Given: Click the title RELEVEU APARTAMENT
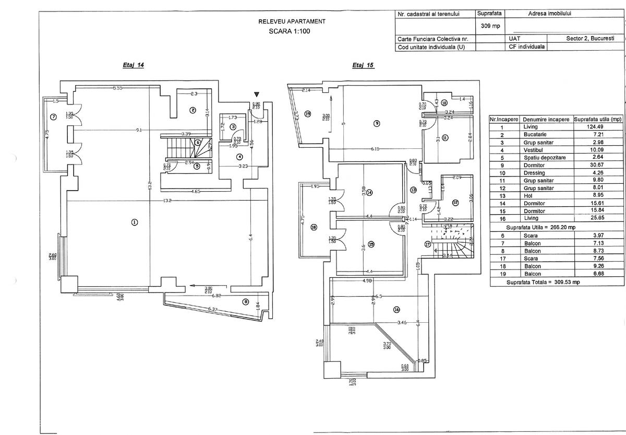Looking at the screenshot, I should coord(292,21).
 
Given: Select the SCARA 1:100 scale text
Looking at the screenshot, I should coord(292,31).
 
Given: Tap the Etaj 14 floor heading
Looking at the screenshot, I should coord(133,66).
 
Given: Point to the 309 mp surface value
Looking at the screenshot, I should coord(489,25).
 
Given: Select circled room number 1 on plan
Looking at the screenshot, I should coord(135,222).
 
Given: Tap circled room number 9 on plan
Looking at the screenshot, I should coord(376,123).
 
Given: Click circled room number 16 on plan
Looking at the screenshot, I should coord(397,310).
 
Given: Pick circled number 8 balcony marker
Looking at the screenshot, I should coord(245,301).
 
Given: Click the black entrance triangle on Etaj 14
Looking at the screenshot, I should coord(256,94).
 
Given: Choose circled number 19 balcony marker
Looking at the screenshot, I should coord(308,114).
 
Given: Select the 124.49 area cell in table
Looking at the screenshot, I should coord(598,127).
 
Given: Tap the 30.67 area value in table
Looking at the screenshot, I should coord(598,165).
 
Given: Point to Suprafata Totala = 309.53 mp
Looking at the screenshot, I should coord(543,282).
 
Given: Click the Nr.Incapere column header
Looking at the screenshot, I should coord(503,120).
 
